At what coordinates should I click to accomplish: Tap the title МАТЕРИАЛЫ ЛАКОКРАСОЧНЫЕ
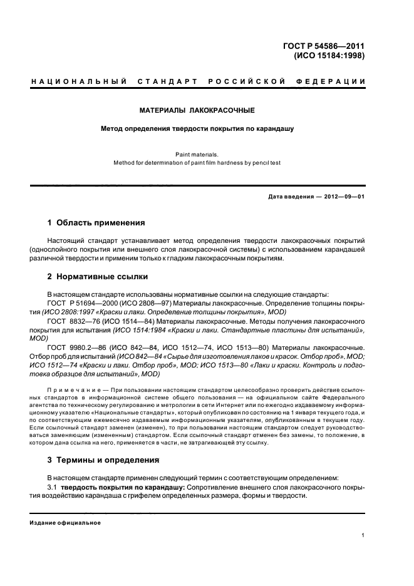[x=197, y=110]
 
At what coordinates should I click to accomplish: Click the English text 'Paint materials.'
[x=197, y=153]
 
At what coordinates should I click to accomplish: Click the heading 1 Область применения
[x=96, y=222]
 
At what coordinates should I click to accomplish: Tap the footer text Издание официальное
[x=65, y=522]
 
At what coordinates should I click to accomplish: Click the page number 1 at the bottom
[x=363, y=535]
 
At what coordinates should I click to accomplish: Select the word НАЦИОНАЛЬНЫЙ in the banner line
[x=79, y=82]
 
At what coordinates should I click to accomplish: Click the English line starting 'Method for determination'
[x=197, y=162]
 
